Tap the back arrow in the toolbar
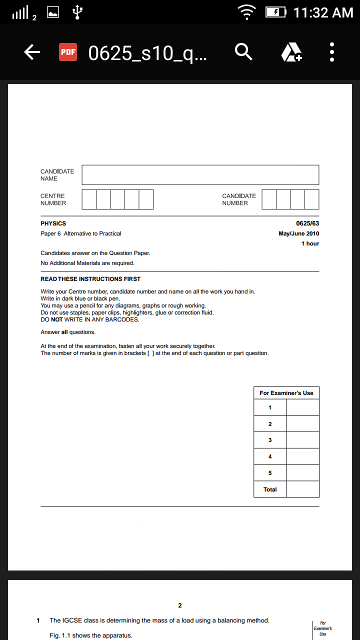coord(32,52)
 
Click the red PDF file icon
coord(68,52)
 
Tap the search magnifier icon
coord(243,51)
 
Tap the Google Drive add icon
coord(291,52)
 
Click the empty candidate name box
coord(200,175)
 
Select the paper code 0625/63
coord(307,223)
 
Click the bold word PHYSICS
coord(53,223)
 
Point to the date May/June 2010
coord(298,233)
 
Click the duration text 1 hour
coord(310,243)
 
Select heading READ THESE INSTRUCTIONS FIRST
coord(90,279)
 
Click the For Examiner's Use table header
coord(286,393)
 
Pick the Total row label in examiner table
coord(270,489)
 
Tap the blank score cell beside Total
coord(303,489)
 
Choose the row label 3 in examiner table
coord(270,440)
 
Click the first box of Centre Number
coord(89,199)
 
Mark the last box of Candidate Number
coord(312,199)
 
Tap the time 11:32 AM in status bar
coord(323,12)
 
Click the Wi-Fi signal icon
coord(246,12)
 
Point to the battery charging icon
coord(275,12)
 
